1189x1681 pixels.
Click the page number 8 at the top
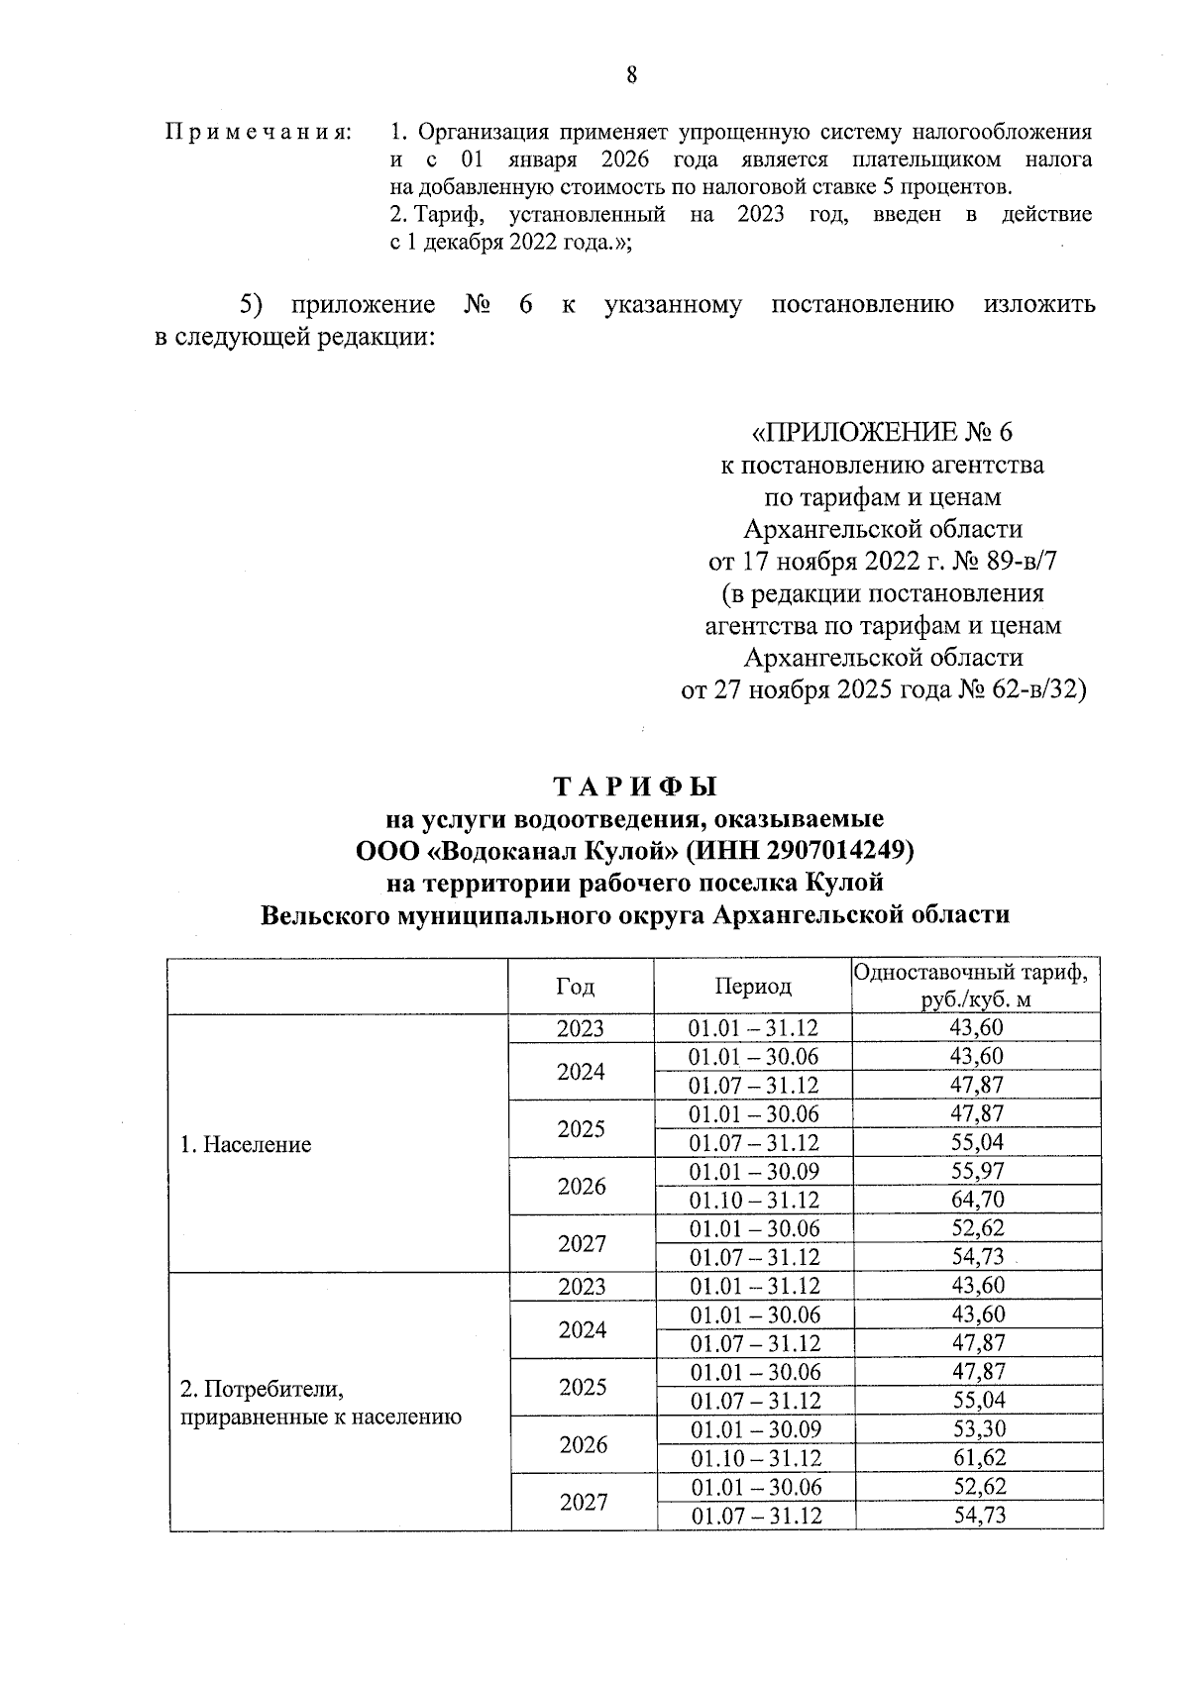tap(631, 76)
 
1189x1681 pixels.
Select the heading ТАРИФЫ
tap(634, 787)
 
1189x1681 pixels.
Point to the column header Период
tap(753, 987)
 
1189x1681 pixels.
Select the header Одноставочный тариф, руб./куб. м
tap(976, 986)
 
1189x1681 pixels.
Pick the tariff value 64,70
tap(976, 1201)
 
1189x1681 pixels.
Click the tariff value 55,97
tap(976, 1172)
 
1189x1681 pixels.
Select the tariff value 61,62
tap(977, 1458)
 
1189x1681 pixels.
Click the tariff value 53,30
tap(977, 1429)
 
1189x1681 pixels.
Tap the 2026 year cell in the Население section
tap(582, 1187)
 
